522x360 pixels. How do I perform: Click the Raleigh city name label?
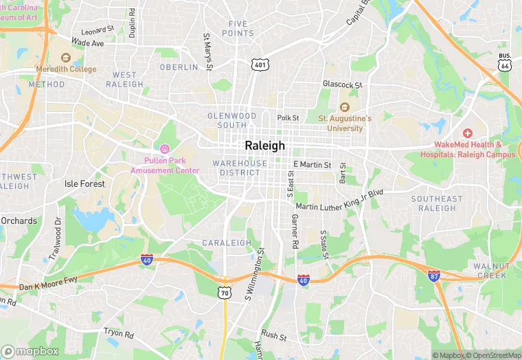tap(264, 146)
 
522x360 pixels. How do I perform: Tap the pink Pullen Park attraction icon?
tap(164, 149)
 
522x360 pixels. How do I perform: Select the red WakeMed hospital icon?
tap(467, 133)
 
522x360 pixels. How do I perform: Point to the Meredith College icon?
tap(66, 58)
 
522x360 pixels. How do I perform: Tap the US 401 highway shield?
tap(260, 65)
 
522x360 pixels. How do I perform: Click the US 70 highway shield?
tap(225, 292)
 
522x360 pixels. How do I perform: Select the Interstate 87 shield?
tap(433, 275)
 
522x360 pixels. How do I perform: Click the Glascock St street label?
tap(342, 85)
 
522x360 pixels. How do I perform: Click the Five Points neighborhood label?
tap(241, 28)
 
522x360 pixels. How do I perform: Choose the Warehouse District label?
tap(240, 168)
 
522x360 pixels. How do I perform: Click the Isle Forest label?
tap(84, 184)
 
